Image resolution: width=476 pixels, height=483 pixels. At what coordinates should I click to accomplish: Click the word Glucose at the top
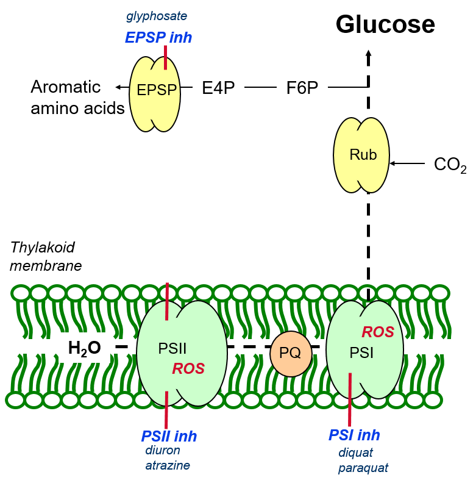pyautogui.click(x=385, y=24)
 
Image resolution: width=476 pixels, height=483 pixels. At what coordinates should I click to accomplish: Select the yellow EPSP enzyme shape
pyautogui.click(x=155, y=94)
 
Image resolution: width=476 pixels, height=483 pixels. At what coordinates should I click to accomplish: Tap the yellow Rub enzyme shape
pyautogui.click(x=361, y=155)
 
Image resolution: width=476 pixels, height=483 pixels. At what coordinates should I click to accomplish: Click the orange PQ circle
pyautogui.click(x=291, y=354)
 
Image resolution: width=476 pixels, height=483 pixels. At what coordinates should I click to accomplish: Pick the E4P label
pyautogui.click(x=218, y=88)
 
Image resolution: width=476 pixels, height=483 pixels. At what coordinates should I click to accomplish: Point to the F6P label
pyautogui.click(x=302, y=88)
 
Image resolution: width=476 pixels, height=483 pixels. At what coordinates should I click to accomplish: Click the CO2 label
pyautogui.click(x=450, y=165)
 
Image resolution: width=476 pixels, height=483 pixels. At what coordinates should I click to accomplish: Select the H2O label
pyautogui.click(x=84, y=349)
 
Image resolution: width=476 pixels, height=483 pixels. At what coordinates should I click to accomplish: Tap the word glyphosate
pyautogui.click(x=157, y=16)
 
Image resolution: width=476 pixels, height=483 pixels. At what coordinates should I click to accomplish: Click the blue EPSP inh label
pyautogui.click(x=158, y=38)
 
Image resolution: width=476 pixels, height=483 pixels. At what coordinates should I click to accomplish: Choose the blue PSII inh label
pyautogui.click(x=169, y=436)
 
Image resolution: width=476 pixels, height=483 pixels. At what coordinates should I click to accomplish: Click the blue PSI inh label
pyautogui.click(x=354, y=435)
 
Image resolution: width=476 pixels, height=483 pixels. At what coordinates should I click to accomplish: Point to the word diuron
pyautogui.click(x=163, y=450)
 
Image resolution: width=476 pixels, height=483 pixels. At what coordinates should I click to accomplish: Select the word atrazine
pyautogui.click(x=168, y=465)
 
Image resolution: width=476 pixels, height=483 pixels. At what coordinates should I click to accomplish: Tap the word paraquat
pyautogui.click(x=363, y=468)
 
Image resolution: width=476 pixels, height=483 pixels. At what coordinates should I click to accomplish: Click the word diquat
pyautogui.click(x=355, y=453)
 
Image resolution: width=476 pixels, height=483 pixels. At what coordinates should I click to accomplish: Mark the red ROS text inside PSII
pyautogui.click(x=188, y=368)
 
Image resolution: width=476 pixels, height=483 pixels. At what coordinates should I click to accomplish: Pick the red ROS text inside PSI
pyautogui.click(x=378, y=332)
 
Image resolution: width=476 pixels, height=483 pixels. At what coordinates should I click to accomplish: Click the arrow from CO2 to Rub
pyautogui.click(x=407, y=163)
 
